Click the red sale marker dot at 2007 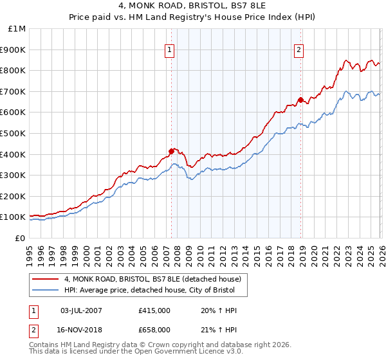click(171, 151)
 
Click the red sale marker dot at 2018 click(300, 100)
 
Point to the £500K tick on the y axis click(13, 133)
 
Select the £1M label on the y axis click(17, 29)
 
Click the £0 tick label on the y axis click(21, 238)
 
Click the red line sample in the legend click(46, 279)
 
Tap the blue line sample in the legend click(46, 291)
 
